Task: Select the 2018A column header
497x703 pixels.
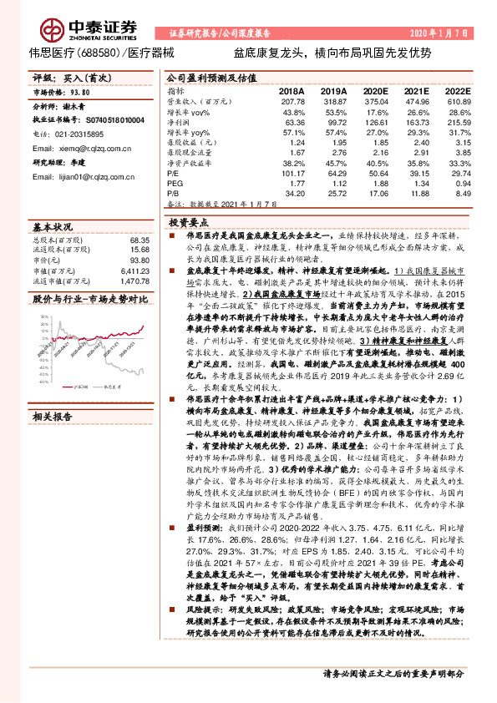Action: [x=292, y=90]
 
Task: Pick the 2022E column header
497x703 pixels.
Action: [x=458, y=90]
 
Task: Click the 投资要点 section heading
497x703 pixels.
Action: [x=188, y=224]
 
